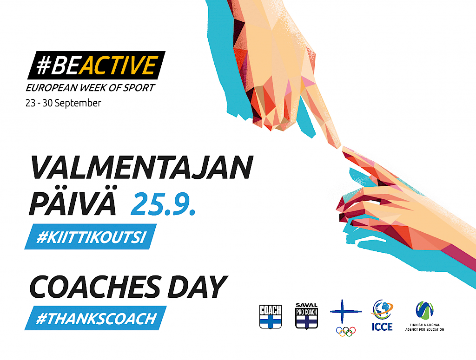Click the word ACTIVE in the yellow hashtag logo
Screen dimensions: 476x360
[119, 65]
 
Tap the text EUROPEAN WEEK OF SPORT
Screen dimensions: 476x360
[90, 88]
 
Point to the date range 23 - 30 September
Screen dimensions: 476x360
[63, 103]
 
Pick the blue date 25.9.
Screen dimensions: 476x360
[163, 203]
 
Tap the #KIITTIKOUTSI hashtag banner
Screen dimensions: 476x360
[91, 236]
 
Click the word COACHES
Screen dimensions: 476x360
[95, 287]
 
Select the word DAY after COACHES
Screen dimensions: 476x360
[197, 287]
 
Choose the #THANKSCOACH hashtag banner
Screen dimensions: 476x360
[96, 318]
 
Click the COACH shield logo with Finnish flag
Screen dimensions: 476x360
[271, 317]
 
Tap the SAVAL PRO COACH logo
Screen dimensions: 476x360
[307, 316]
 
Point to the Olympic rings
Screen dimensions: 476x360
[346, 331]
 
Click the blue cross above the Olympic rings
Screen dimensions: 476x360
[345, 312]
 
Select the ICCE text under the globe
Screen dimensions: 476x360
[382, 327]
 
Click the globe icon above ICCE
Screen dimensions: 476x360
[382, 310]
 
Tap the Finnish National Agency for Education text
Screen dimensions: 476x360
[425, 327]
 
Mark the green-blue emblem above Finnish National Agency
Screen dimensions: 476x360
[425, 310]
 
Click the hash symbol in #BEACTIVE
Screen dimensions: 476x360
[43, 65]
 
